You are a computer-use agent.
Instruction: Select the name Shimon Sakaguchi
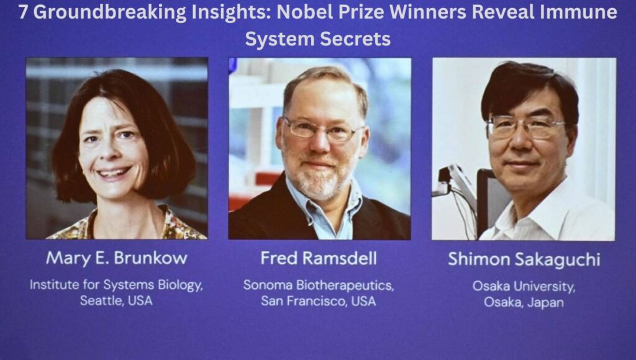524,259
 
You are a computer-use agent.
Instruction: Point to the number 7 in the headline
23,12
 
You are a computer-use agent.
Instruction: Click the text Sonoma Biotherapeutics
319,286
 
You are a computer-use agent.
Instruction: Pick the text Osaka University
524,287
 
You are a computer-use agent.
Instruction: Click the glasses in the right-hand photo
525,126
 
